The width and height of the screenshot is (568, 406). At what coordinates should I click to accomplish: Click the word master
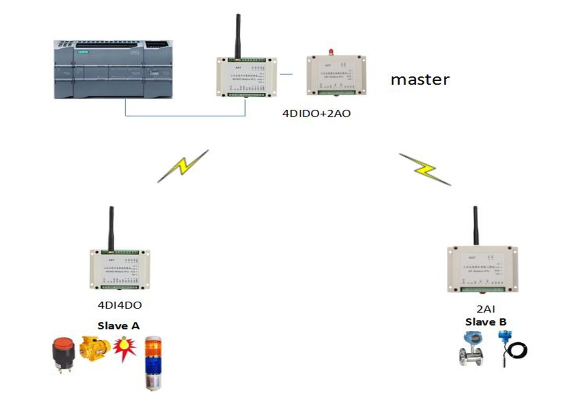point(420,80)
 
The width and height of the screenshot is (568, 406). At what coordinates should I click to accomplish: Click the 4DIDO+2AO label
point(316,114)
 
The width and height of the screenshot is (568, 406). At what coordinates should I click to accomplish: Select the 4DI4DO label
point(120,305)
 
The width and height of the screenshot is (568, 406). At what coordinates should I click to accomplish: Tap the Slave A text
point(118,326)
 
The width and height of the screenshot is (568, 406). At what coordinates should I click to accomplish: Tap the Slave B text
point(486,322)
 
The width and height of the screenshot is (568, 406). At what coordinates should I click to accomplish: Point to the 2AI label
point(486,309)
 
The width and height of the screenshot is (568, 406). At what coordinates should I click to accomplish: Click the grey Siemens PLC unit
point(113,69)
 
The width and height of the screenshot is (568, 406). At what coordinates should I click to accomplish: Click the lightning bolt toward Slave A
point(183,166)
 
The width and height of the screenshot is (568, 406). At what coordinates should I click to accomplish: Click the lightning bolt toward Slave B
point(425,169)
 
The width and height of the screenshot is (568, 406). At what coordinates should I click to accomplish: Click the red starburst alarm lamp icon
point(125,348)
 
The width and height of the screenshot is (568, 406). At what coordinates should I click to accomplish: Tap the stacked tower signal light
point(153,363)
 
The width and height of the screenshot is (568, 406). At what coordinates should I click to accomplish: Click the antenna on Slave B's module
point(475,226)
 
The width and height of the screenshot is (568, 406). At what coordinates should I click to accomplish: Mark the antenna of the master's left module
point(238,37)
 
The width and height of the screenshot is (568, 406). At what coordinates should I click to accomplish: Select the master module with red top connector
point(336,76)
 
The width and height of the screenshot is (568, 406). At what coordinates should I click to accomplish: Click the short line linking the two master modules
point(286,74)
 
